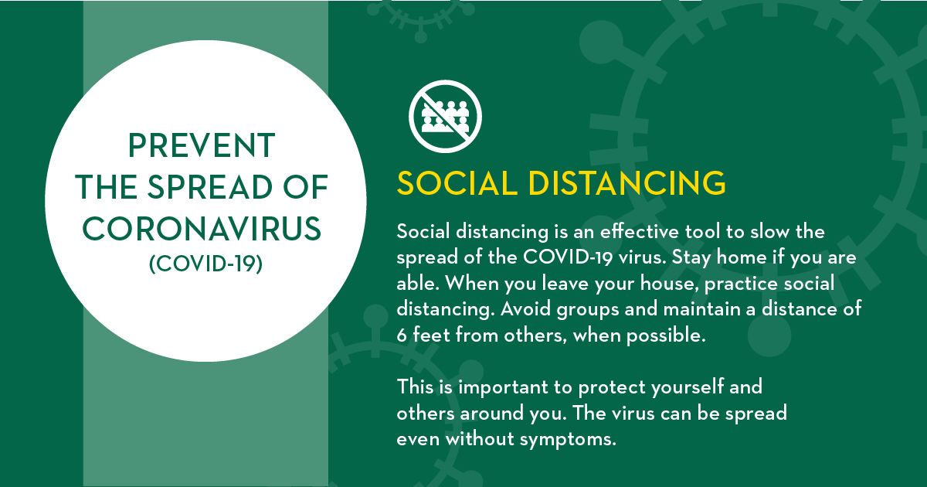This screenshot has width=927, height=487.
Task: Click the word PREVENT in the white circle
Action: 201,145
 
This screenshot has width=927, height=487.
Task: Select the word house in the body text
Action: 634,283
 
